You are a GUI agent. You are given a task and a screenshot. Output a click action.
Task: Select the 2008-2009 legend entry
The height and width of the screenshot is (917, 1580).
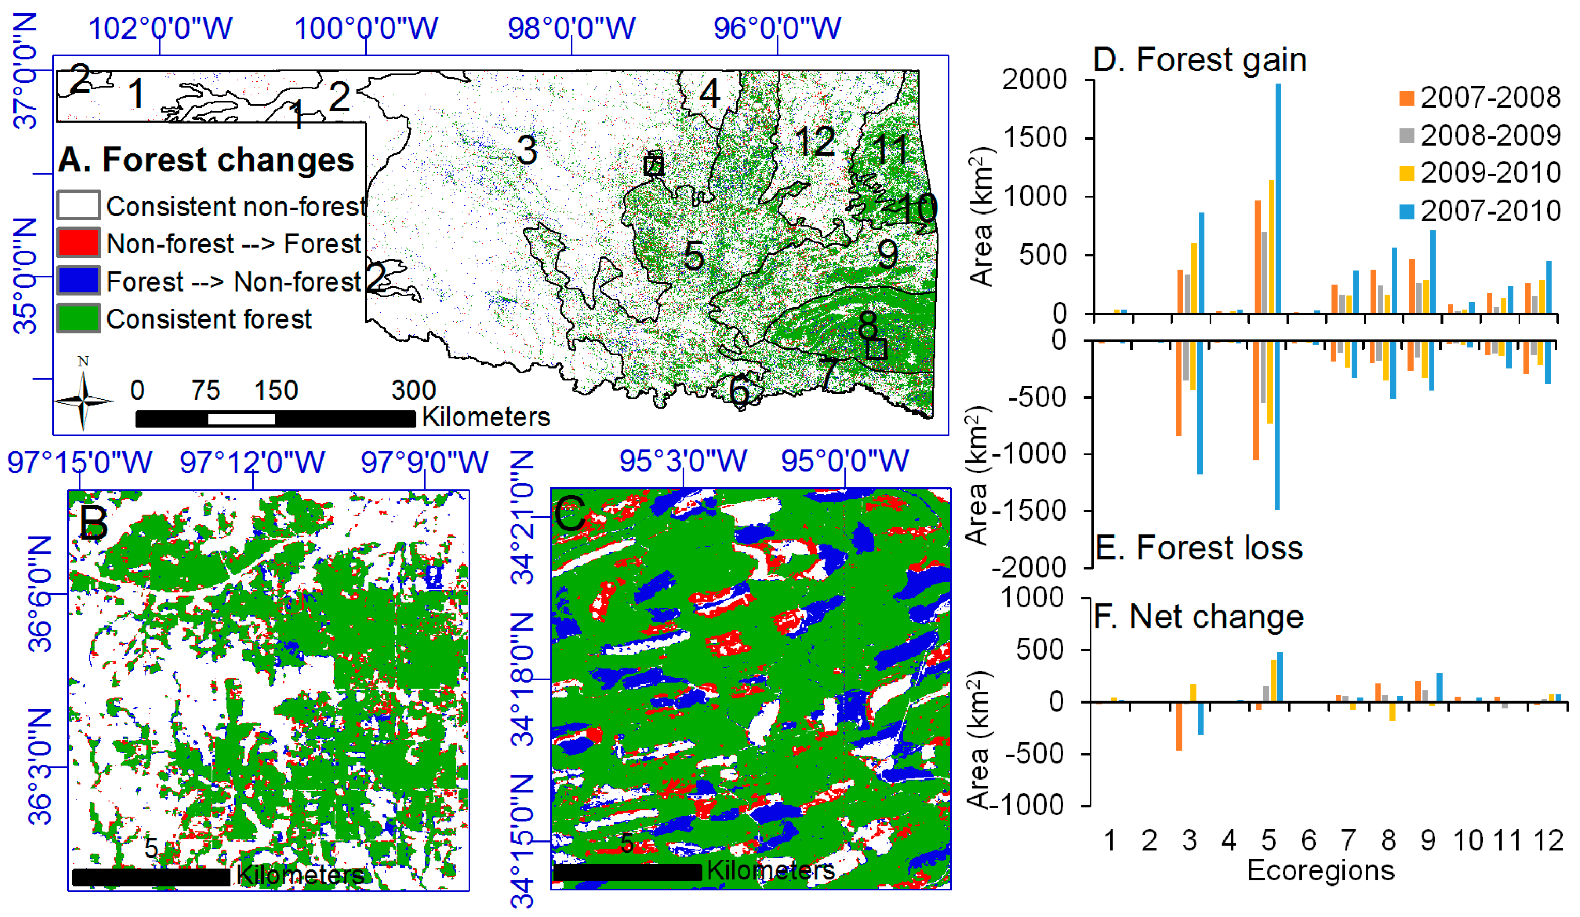pos(1480,135)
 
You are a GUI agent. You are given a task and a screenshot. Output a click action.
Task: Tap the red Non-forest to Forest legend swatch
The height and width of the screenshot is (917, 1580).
pos(79,243)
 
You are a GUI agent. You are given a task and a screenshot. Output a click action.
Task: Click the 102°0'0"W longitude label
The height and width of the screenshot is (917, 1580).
pos(161,28)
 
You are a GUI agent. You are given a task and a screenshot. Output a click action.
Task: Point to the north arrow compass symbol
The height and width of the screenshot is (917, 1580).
pos(83,399)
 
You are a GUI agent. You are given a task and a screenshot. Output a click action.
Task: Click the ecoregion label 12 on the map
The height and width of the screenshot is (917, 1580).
pos(814,141)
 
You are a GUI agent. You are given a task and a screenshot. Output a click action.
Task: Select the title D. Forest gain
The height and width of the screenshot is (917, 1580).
pos(1199,60)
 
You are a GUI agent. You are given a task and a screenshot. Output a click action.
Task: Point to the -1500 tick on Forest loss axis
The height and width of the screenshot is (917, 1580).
pos(1028,511)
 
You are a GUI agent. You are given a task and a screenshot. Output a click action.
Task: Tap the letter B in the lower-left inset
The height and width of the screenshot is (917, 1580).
pos(94,523)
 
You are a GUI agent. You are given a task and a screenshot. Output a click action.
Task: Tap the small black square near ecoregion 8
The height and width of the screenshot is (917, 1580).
pos(876,349)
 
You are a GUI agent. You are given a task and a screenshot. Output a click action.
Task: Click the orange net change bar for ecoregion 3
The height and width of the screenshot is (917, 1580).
pos(1179,726)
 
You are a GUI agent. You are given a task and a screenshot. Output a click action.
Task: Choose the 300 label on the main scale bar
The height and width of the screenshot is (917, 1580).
pos(413,391)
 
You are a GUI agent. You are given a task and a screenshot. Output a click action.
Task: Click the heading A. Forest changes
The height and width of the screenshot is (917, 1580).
pos(206,159)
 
